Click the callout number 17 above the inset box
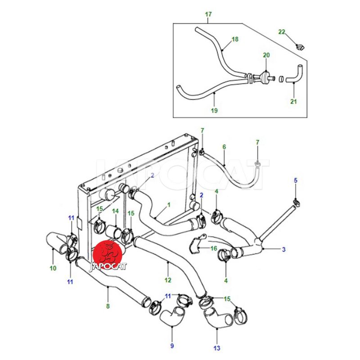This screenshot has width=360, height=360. [208, 14]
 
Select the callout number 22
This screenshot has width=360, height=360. [282, 32]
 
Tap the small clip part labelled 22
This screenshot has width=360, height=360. [300, 47]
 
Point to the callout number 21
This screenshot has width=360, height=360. [294, 101]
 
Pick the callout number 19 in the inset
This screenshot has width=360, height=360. [214, 110]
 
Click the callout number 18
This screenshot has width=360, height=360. [235, 39]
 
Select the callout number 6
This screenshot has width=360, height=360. [224, 147]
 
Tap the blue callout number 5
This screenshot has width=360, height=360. [296, 180]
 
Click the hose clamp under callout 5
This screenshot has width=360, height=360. [297, 202]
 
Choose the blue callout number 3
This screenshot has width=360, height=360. [284, 249]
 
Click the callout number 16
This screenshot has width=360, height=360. [214, 248]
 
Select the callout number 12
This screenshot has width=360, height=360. [168, 280]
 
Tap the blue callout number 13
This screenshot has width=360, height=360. [217, 348]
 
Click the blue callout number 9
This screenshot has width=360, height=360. [172, 346]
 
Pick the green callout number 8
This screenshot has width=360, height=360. [108, 306]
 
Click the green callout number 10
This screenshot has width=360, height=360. [53, 268]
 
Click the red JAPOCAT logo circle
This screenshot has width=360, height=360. [107, 255]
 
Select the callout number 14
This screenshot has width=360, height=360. [115, 211]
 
